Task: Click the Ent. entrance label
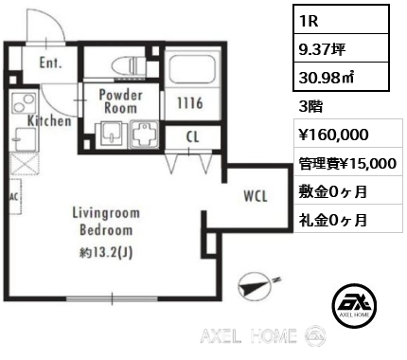50,63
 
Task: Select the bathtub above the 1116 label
192,69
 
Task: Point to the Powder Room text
120,101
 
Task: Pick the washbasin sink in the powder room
111,135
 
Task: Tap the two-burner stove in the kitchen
24,102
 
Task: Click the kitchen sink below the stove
25,138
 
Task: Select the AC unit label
14,197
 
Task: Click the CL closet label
192,136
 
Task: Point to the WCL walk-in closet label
256,196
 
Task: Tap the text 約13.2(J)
106,252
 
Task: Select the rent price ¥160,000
333,135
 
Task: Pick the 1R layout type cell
341,19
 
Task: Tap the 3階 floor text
310,106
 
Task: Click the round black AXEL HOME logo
354,305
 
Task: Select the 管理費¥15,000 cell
348,162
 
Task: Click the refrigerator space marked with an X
25,164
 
